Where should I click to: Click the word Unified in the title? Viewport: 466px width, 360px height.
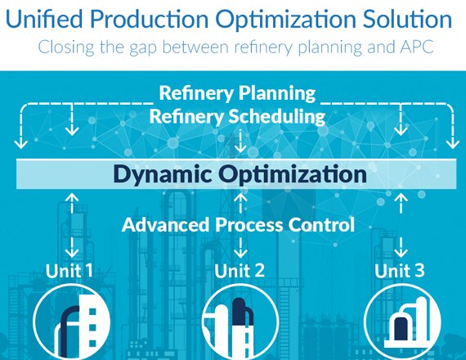[44, 19]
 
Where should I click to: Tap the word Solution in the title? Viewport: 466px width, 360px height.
[407, 19]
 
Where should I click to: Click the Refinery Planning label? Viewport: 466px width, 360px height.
[237, 93]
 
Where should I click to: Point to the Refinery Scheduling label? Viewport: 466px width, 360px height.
[237, 117]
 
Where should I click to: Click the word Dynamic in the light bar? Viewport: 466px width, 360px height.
[162, 174]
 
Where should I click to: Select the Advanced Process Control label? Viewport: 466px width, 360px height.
[239, 225]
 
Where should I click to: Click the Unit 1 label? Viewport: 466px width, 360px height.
[69, 271]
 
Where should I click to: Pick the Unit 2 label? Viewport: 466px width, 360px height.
[240, 271]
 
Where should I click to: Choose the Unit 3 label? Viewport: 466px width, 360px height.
[400, 271]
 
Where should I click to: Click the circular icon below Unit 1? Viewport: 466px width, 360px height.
[72, 322]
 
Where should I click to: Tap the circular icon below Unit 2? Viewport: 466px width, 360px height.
[240, 322]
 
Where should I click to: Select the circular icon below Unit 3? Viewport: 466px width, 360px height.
[401, 322]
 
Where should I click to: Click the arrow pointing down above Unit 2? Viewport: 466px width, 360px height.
[240, 248]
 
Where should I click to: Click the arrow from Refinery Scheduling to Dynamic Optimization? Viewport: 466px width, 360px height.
[240, 141]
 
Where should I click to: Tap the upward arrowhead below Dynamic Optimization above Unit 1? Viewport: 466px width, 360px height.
[72, 197]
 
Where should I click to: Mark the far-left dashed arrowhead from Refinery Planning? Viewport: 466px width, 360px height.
[20, 145]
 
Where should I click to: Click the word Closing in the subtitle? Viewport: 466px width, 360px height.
[66, 47]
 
